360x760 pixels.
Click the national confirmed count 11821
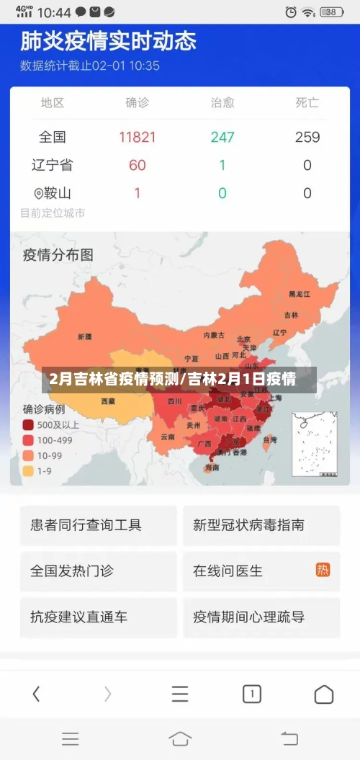(138, 137)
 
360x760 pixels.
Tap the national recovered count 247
(222, 137)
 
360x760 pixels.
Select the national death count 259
(307, 137)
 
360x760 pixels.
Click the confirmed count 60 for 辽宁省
(138, 165)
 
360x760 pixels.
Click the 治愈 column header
(222, 102)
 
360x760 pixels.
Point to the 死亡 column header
(307, 102)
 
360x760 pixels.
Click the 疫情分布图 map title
(58, 254)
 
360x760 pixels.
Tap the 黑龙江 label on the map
(299, 294)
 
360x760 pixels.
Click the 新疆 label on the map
(84, 336)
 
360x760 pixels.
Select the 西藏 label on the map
(107, 401)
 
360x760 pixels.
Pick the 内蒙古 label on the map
(214, 335)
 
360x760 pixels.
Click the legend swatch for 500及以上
(28, 425)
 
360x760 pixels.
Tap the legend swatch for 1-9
(28, 470)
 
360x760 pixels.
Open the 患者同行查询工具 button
(98, 525)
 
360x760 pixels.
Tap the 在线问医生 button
(261, 571)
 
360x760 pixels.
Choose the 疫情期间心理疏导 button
(261, 617)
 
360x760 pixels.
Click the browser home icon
(324, 694)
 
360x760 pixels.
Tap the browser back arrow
(36, 694)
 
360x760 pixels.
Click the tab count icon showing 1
(251, 694)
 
